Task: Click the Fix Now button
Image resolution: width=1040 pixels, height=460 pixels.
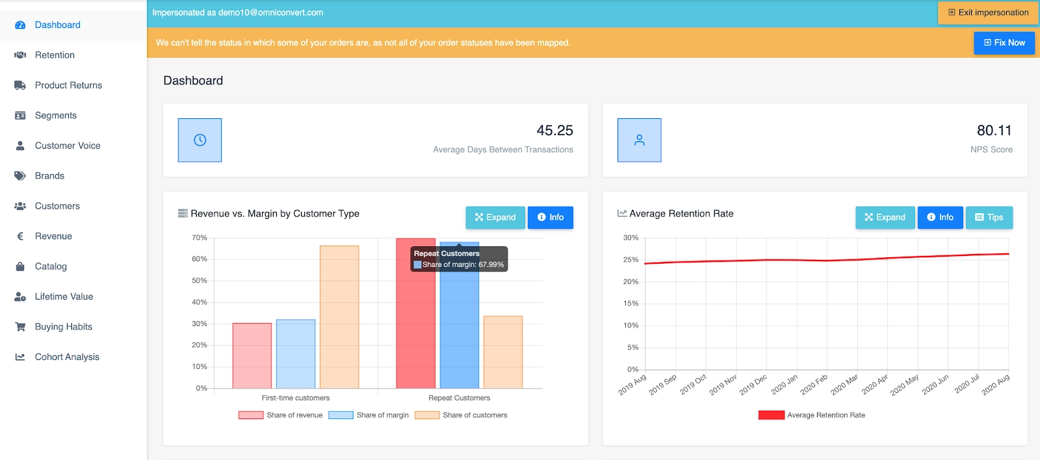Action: click(x=1004, y=43)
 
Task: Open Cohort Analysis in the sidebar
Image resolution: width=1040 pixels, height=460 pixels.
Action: click(x=67, y=357)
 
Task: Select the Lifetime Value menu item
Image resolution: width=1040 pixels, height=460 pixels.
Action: click(x=64, y=296)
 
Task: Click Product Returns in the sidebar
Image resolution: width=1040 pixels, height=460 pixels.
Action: click(x=68, y=85)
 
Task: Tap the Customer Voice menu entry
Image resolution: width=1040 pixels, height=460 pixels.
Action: click(x=68, y=146)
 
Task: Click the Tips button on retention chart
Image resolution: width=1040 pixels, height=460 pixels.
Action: click(x=989, y=217)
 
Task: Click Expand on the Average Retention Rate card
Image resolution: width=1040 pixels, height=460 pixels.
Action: click(x=885, y=217)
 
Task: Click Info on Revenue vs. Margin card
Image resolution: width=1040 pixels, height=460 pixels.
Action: click(x=550, y=217)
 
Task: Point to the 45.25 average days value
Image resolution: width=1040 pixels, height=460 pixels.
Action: click(x=554, y=131)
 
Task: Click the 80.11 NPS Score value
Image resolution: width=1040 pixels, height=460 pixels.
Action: click(x=994, y=131)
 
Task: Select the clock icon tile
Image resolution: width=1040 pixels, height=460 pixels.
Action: click(x=200, y=140)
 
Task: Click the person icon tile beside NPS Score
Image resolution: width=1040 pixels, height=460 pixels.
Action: click(x=639, y=140)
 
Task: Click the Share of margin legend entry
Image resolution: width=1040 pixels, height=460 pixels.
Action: click(x=369, y=415)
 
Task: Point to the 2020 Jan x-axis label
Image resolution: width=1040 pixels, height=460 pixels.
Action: click(x=785, y=385)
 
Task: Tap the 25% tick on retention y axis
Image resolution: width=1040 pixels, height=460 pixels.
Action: click(x=630, y=260)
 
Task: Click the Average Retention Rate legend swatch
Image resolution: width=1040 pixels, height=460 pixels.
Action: click(x=771, y=415)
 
